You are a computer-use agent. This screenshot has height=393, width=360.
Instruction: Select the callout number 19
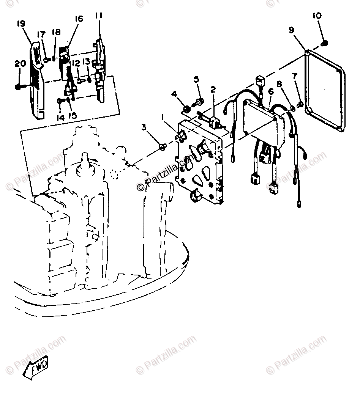click(x=21, y=24)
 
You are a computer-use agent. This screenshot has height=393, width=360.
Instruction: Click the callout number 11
click(x=99, y=16)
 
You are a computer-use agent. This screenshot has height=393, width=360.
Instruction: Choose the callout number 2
click(x=213, y=90)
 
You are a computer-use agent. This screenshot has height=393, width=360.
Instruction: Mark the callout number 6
click(x=271, y=91)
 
